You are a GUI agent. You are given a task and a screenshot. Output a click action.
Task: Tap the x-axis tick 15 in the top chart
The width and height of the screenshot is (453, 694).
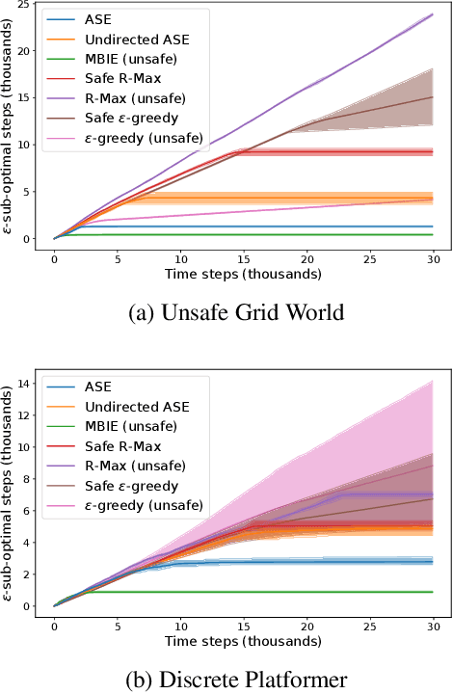pyautogui.click(x=244, y=259)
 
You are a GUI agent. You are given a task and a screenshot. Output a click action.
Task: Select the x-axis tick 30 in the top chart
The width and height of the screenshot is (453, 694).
pyautogui.click(x=433, y=259)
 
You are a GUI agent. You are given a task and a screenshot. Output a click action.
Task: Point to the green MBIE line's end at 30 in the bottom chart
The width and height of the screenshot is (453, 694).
pyautogui.click(x=433, y=592)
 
